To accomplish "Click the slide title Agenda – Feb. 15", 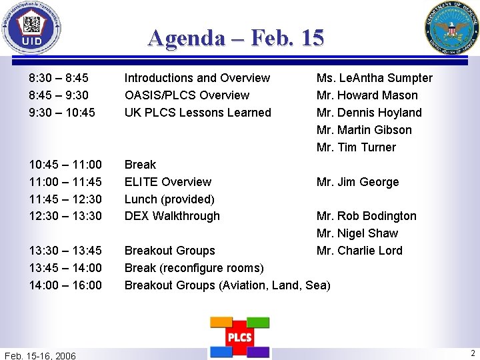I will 236,37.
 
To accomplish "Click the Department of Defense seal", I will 451,29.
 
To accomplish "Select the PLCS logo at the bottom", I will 239,337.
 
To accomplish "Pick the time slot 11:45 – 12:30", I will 65,199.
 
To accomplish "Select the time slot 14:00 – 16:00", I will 65,285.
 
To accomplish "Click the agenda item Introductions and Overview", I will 197,78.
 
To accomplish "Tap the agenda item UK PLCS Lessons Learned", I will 198,113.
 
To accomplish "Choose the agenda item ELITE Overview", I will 168,181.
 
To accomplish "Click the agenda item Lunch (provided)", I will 169,199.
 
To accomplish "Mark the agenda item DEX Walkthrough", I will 172,216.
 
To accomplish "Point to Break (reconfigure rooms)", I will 194,268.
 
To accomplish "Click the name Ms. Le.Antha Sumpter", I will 374,78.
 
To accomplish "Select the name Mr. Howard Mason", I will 367,95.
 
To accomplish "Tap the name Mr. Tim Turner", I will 356,147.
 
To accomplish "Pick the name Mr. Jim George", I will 357,181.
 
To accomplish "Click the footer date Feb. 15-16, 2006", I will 40,355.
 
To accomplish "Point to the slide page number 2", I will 473,353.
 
